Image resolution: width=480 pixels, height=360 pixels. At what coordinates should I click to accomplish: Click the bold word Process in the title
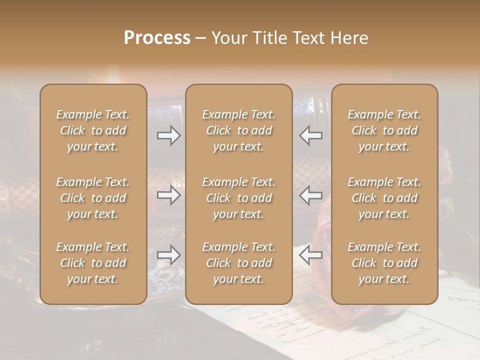click(157, 38)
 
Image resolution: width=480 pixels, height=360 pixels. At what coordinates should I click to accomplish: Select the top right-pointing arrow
click(168, 135)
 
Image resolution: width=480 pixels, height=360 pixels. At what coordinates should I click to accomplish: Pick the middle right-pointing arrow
click(168, 195)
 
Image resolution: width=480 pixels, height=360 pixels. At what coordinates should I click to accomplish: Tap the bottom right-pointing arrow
click(168, 255)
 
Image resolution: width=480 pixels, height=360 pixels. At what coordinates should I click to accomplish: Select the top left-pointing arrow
click(310, 135)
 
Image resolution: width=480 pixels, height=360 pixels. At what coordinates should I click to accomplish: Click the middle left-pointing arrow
click(310, 195)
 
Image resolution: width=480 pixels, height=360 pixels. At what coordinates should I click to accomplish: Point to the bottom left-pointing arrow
click(310, 255)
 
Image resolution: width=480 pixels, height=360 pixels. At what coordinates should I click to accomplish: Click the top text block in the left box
click(93, 130)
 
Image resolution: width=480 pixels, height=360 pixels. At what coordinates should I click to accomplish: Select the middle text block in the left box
click(93, 198)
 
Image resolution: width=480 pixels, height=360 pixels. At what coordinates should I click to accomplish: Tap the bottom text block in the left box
click(93, 263)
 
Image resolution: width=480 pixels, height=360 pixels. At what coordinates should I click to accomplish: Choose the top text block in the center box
click(238, 130)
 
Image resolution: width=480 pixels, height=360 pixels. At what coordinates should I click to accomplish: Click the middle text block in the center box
click(238, 198)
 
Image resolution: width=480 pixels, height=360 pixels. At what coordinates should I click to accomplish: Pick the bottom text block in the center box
click(238, 263)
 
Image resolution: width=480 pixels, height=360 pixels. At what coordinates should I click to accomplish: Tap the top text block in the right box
click(384, 130)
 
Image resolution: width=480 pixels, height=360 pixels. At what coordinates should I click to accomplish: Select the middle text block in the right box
click(384, 198)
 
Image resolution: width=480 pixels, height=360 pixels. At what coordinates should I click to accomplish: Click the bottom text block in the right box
click(384, 263)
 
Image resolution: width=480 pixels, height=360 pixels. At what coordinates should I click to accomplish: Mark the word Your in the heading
click(229, 38)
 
